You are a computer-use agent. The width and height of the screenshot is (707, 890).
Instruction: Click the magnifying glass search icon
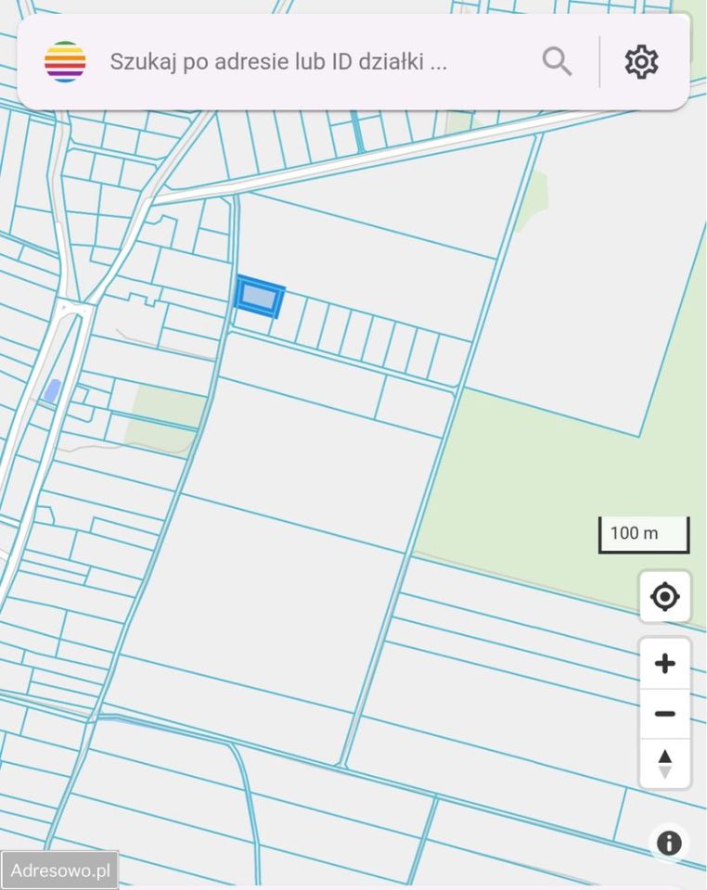click(x=557, y=62)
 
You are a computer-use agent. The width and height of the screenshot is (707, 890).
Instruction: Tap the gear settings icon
click(x=641, y=62)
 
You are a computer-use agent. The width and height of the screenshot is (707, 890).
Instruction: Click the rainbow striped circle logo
click(x=65, y=62)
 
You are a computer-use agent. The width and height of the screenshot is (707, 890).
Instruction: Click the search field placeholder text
click(x=278, y=62)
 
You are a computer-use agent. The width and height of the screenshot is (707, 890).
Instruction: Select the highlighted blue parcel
click(x=260, y=297)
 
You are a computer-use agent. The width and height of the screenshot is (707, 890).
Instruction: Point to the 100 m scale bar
click(x=644, y=535)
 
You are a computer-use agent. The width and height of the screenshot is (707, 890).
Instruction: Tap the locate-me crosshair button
click(x=664, y=596)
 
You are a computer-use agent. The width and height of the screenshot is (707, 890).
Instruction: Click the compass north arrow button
click(x=664, y=764)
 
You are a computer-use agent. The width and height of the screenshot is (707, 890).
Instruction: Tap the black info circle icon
click(x=669, y=843)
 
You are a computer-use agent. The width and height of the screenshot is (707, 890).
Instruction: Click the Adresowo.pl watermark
click(x=59, y=871)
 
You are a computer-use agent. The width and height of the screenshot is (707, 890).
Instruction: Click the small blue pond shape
click(x=52, y=391)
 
